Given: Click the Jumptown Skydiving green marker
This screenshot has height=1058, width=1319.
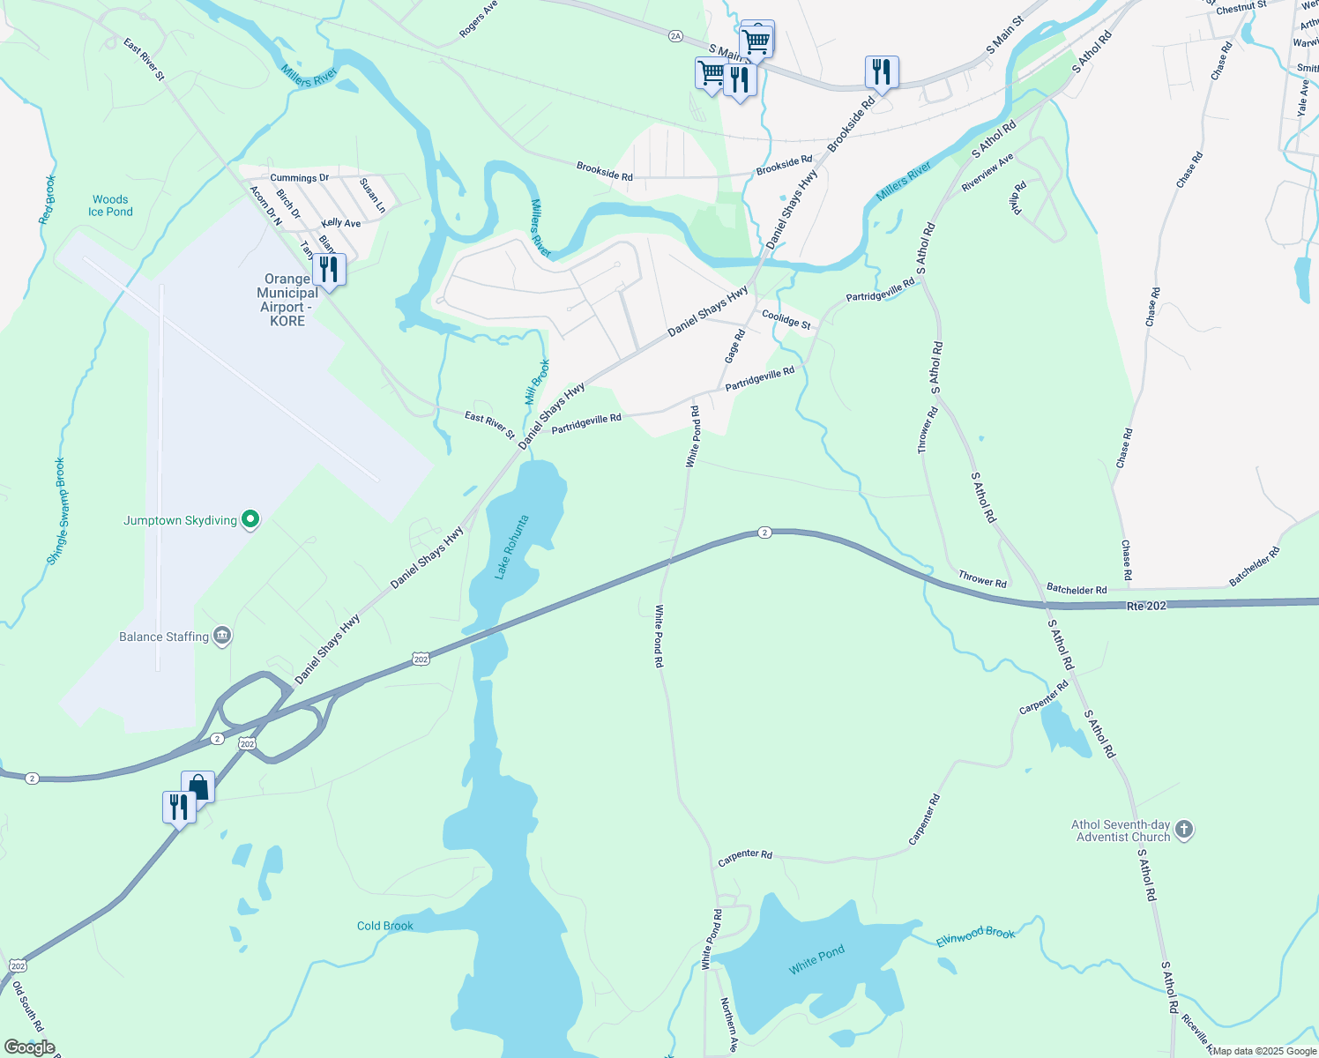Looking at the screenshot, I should tap(250, 520).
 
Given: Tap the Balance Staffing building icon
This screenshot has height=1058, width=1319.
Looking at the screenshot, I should tap(223, 637).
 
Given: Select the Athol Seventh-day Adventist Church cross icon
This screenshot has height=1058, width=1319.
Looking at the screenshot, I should tap(1184, 830).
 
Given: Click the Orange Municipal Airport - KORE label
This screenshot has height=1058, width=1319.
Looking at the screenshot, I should tap(287, 300).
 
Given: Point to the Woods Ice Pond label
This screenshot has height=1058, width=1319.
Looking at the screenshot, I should tap(110, 205).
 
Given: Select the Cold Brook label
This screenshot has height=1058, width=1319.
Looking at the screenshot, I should tap(384, 926).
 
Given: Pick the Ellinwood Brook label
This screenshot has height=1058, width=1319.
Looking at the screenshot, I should tap(975, 936).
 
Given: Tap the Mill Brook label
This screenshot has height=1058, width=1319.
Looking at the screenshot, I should tap(537, 382).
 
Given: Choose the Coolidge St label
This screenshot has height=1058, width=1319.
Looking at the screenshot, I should tap(786, 319).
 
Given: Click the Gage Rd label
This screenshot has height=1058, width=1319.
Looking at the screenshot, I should tap(734, 346).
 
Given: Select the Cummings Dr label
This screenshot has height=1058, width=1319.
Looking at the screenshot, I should tap(299, 178).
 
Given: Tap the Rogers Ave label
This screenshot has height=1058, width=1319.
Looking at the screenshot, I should tap(478, 19).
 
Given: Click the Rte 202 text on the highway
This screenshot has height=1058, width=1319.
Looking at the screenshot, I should tap(1146, 606).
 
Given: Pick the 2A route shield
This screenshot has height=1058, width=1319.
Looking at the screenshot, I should tap(675, 36).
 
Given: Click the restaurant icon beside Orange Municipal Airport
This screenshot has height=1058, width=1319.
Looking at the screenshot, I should tap(329, 270).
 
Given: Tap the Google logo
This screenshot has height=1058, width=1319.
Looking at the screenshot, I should tap(30, 1047).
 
